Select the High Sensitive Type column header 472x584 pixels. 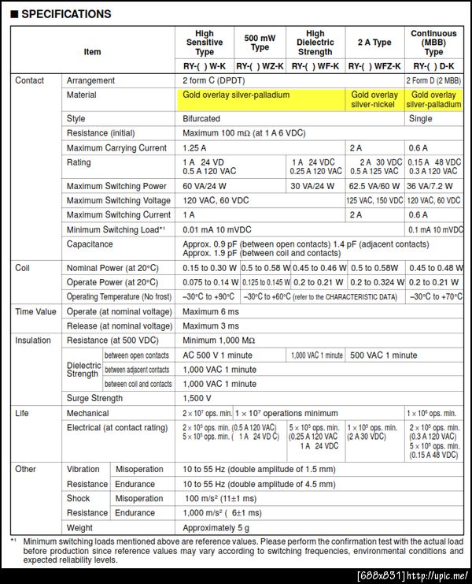tap(204, 43)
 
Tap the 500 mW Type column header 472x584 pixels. tap(259, 43)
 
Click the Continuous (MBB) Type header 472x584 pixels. tap(433, 43)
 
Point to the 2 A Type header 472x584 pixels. tap(374, 43)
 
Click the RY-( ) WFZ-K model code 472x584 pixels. tap(374, 66)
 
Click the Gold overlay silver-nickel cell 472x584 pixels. tap(374, 99)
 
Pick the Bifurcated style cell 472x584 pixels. tap(201, 118)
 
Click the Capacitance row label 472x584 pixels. tap(90, 244)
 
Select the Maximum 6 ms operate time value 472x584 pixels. tap(210, 311)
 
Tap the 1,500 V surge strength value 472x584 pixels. tap(197, 398)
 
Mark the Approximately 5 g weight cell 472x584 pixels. tap(216, 527)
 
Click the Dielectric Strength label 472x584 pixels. tap(83, 369)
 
